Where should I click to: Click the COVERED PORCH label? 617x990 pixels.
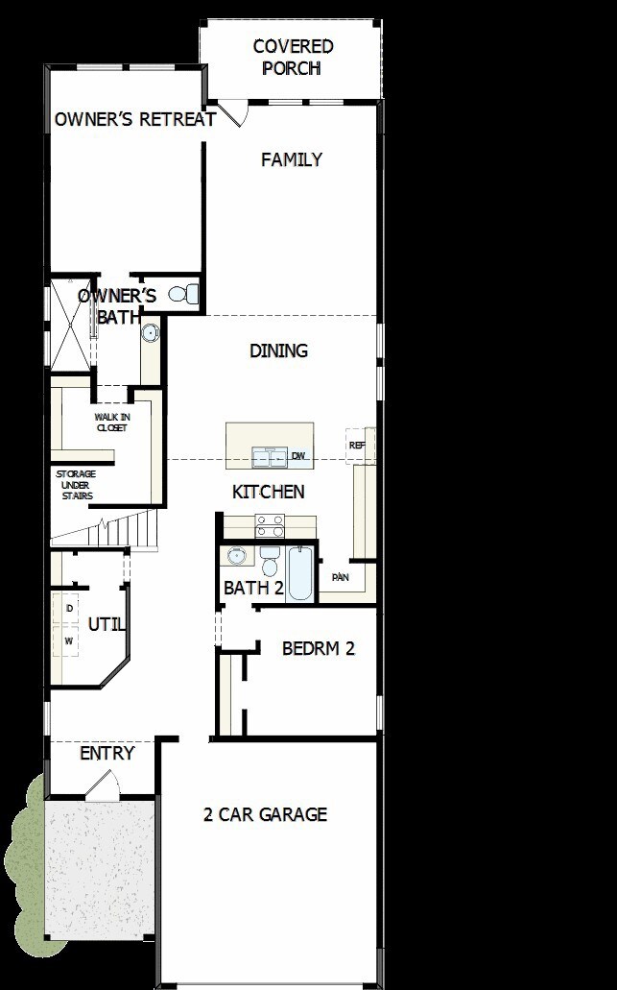293,58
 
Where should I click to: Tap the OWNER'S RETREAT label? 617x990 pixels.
134,119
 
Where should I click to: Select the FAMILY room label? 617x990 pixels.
292,160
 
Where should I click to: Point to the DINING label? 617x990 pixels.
278,350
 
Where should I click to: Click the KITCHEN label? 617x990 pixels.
269,492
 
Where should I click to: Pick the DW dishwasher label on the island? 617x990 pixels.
298,456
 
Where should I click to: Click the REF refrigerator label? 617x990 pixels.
357,446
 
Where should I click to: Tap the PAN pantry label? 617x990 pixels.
340,577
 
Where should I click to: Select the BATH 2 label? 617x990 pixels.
253,588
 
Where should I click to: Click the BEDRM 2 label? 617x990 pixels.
319,648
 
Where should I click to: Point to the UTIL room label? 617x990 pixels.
107,624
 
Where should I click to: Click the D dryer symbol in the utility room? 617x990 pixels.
69,608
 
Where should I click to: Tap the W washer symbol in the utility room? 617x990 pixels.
69,640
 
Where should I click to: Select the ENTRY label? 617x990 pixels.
107,754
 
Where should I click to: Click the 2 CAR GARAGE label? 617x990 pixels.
265,815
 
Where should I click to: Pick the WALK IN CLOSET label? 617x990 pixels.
111,423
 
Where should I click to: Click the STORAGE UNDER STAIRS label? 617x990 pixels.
75,485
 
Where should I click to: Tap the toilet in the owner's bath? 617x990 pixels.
183,294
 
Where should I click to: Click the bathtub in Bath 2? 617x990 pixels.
299,574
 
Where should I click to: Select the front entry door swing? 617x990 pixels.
102,787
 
